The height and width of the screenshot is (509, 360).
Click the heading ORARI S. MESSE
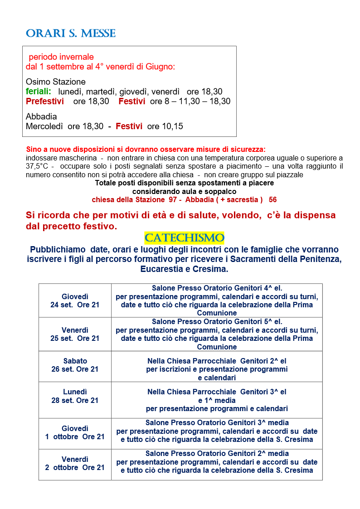click(x=71, y=33)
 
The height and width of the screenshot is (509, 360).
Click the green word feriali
click(x=38, y=92)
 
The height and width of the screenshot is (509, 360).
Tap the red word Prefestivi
click(x=45, y=102)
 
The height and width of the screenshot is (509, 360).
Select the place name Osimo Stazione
click(x=56, y=82)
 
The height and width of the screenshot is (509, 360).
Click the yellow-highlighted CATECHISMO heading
click(x=184, y=238)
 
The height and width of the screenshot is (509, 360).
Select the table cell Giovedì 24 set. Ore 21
click(x=75, y=301)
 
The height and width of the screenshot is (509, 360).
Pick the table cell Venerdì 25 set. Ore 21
click(x=75, y=334)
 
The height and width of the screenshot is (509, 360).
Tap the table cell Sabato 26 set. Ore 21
click(x=75, y=365)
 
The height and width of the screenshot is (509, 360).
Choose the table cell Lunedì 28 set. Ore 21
click(x=75, y=396)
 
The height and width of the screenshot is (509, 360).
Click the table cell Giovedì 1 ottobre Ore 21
click(x=75, y=432)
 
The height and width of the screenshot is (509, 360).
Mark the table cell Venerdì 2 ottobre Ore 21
click(x=75, y=463)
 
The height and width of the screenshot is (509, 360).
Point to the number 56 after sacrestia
click(x=272, y=200)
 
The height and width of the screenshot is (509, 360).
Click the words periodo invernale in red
click(x=61, y=57)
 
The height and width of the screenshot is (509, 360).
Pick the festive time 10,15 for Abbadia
click(x=172, y=126)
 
